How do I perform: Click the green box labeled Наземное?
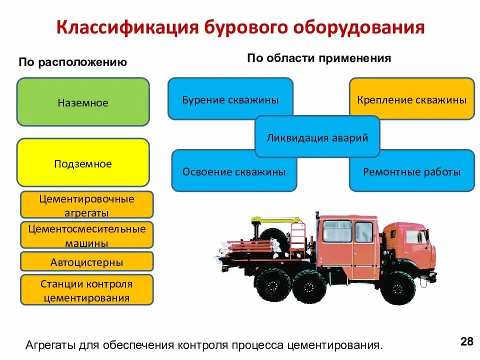point(83,102)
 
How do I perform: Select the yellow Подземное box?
point(83,163)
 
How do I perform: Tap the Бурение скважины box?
point(230,99)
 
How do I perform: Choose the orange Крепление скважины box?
point(411,99)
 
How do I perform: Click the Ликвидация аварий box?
point(317,137)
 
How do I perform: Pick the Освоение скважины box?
point(234,171)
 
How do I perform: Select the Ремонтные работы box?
point(411,171)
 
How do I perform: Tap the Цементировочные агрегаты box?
point(86,205)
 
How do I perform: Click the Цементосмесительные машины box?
point(86,236)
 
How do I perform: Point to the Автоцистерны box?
point(86,262)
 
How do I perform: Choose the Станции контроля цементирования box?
point(86,291)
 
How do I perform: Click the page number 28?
point(466,342)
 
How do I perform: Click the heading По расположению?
point(73,62)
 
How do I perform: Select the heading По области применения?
point(318,58)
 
